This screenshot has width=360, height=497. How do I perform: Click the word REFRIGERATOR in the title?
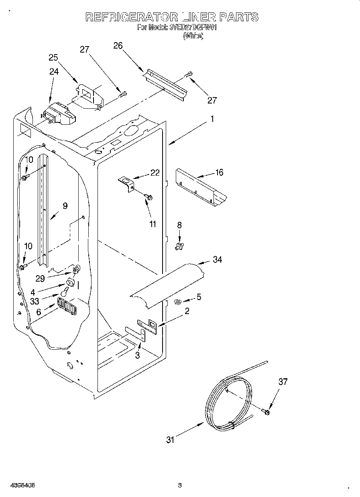[x=132, y=17]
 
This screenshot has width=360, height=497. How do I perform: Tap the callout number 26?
[x=118, y=45]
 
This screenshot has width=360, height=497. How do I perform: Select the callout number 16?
[x=219, y=172]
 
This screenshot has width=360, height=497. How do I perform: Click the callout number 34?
[x=218, y=260]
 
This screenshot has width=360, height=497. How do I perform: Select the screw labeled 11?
[x=150, y=197]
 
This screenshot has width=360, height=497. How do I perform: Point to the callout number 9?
[x=65, y=206]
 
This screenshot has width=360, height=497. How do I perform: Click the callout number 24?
[x=54, y=71]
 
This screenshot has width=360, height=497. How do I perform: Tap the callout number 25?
[x=54, y=57]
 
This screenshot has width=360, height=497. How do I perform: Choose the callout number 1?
[x=212, y=119]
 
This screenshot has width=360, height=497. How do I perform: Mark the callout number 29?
[x=40, y=278]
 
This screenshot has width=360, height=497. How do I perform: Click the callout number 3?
[x=137, y=355]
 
